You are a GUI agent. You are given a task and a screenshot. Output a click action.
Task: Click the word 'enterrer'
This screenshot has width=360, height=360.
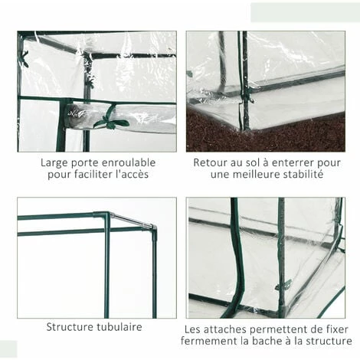(293, 163)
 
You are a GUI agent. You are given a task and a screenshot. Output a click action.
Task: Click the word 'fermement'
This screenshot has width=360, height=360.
(211, 340)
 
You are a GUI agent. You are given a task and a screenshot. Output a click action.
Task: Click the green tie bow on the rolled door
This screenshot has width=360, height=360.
(112, 118)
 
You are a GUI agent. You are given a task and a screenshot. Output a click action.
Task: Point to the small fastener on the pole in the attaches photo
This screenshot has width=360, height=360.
(283, 285)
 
